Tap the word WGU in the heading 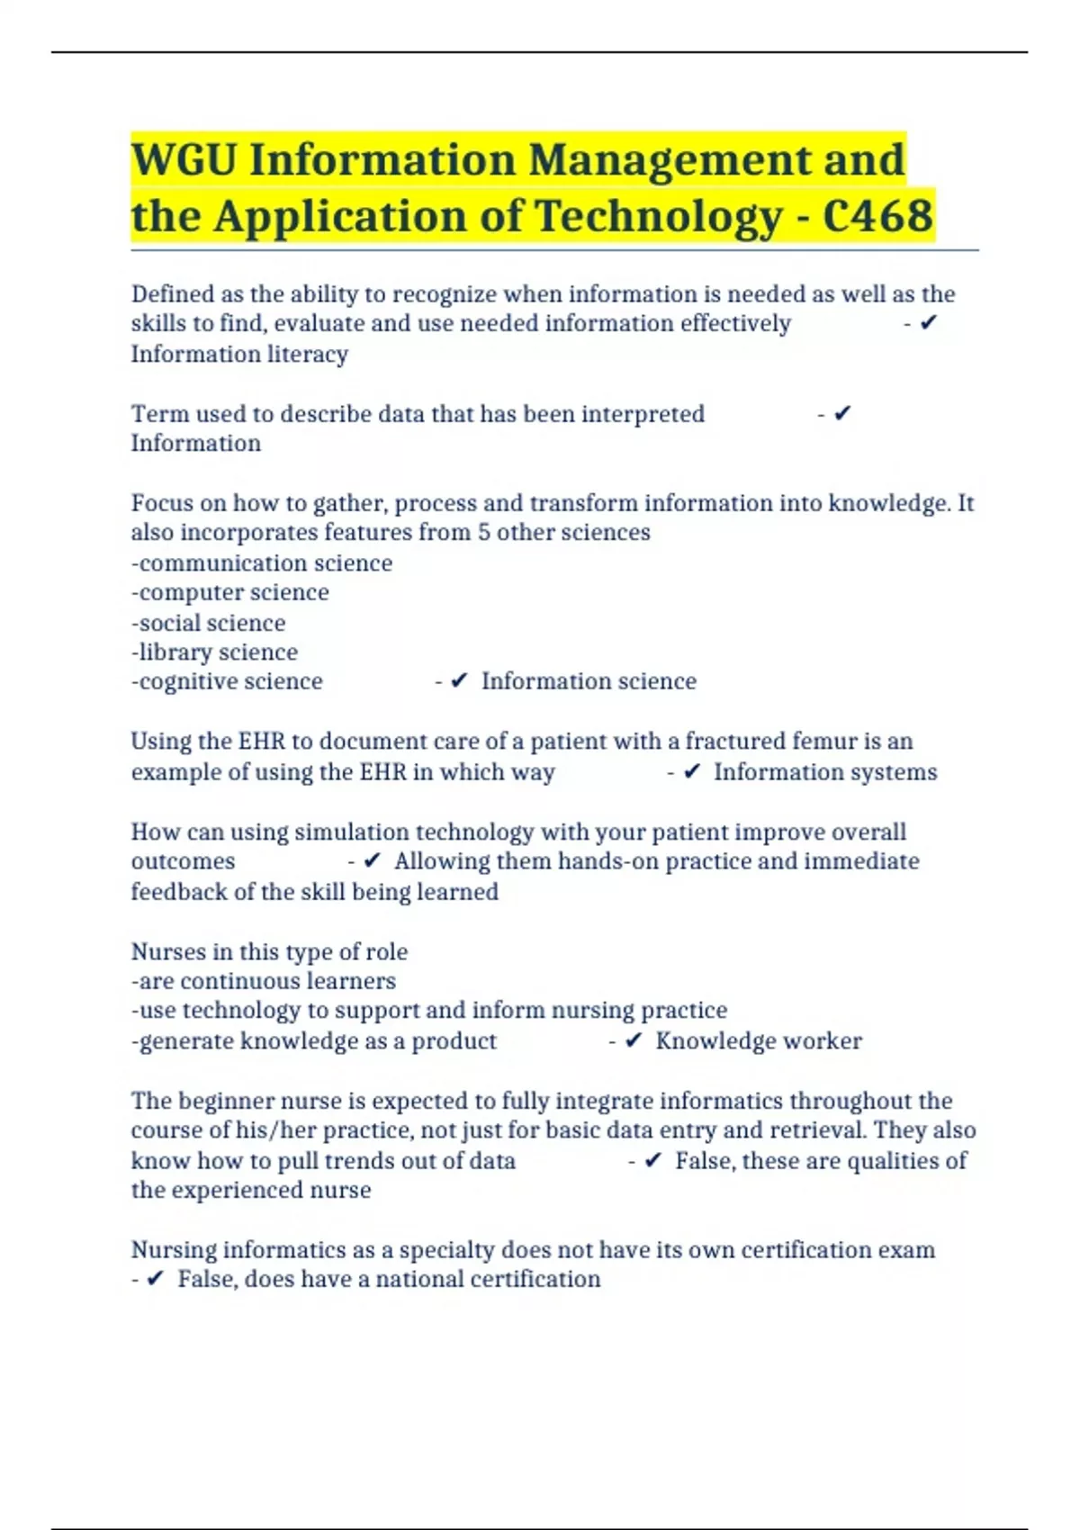[184, 160]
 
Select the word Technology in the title [658, 216]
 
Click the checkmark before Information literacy [929, 322]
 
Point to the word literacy [304, 354]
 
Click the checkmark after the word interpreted [842, 413]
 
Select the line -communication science [262, 562]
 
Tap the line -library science [214, 652]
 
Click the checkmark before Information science [459, 681]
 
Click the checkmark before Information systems [692, 771]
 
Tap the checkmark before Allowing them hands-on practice [373, 861]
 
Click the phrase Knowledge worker [758, 1040]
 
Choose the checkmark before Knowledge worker [634, 1040]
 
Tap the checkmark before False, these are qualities [653, 1160]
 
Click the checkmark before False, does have [155, 1279]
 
